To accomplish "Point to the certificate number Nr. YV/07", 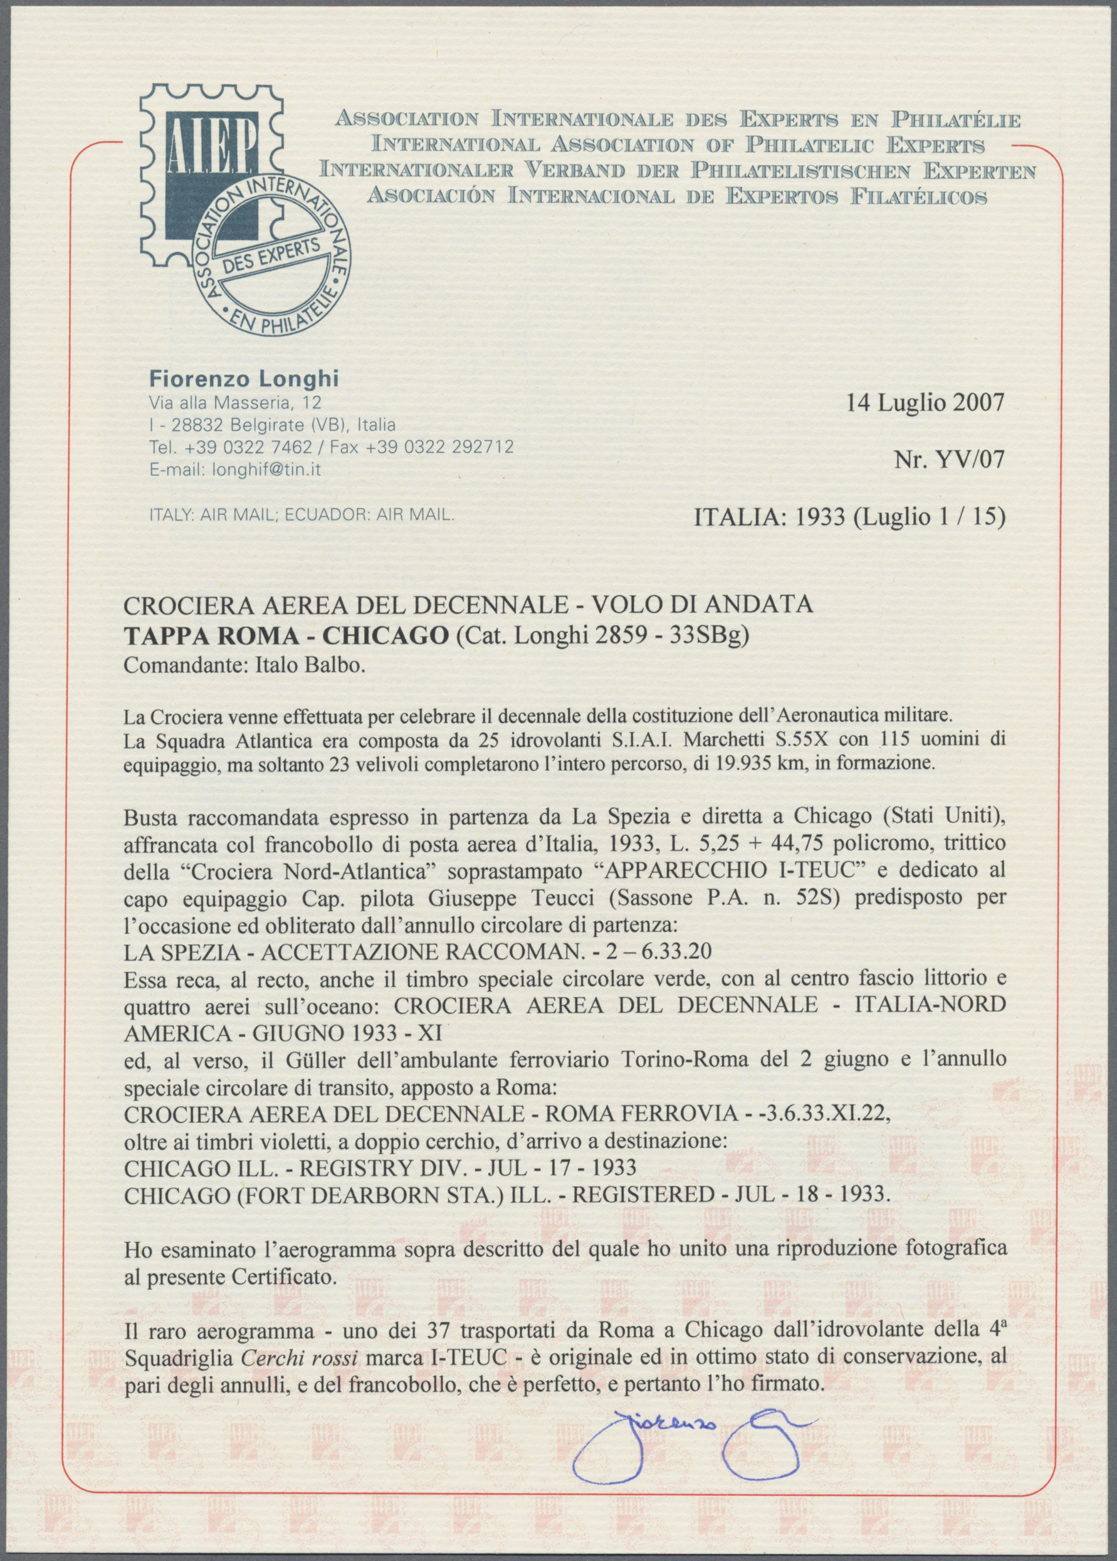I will [x=949, y=457].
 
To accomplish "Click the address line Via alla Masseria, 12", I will [x=234, y=403].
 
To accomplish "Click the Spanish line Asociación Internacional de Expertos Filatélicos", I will [x=678, y=197].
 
